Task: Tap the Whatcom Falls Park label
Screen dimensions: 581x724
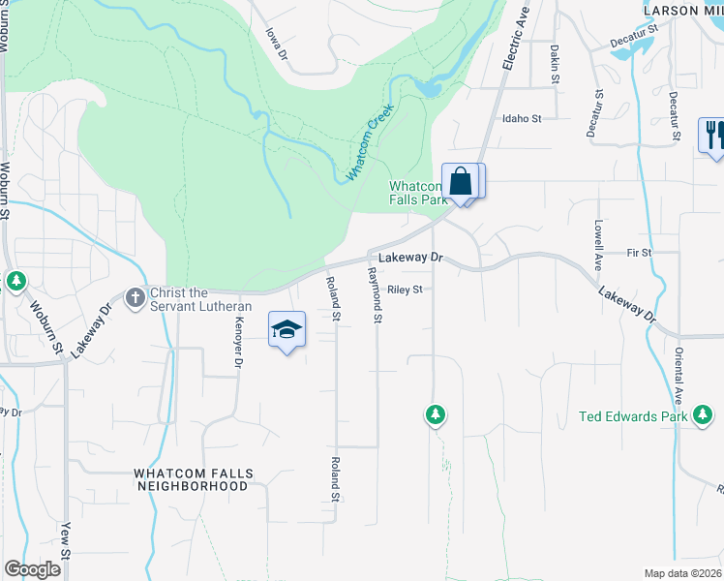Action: [x=417, y=193]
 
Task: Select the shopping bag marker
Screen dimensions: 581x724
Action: [x=462, y=181]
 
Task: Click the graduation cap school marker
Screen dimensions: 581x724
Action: [x=287, y=330]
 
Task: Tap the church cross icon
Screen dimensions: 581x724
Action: [x=136, y=294]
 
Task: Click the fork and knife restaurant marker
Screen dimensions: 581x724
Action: [x=713, y=135]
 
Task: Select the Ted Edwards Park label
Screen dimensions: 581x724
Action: [x=632, y=416]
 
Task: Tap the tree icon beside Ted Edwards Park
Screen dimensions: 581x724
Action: [x=704, y=416]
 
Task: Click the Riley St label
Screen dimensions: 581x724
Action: [x=406, y=289]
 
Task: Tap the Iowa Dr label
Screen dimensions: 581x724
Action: [x=278, y=41]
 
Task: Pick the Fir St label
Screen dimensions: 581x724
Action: [x=640, y=252]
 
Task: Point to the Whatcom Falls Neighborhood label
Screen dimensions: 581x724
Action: [x=194, y=479]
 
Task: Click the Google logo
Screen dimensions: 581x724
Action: [x=32, y=569]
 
